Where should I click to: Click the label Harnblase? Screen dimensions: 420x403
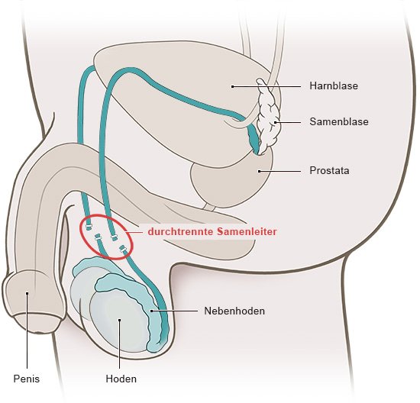(x=334, y=86)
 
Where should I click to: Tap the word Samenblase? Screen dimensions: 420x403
(x=339, y=122)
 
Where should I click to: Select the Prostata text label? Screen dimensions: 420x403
(x=329, y=171)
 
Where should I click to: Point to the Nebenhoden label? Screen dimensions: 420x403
(x=234, y=311)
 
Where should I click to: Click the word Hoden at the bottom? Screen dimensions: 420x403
(x=121, y=379)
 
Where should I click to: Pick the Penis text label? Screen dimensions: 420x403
(x=27, y=379)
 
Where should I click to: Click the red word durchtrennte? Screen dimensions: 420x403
(x=180, y=231)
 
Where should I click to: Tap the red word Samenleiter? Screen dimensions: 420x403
(x=247, y=231)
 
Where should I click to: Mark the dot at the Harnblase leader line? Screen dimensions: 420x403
(x=233, y=86)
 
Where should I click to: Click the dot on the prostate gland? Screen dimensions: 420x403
(x=260, y=171)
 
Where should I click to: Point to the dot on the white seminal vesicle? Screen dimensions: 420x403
(x=275, y=122)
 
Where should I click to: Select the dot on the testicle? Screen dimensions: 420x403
(x=119, y=320)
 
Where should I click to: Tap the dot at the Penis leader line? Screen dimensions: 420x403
(x=27, y=293)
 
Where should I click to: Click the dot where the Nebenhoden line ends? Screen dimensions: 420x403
(x=152, y=311)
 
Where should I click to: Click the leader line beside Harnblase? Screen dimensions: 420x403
(x=267, y=86)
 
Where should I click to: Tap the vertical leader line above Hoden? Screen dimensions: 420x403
(x=119, y=343)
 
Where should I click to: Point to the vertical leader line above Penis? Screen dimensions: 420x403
(x=27, y=330)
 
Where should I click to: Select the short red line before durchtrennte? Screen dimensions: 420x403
(x=134, y=232)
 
